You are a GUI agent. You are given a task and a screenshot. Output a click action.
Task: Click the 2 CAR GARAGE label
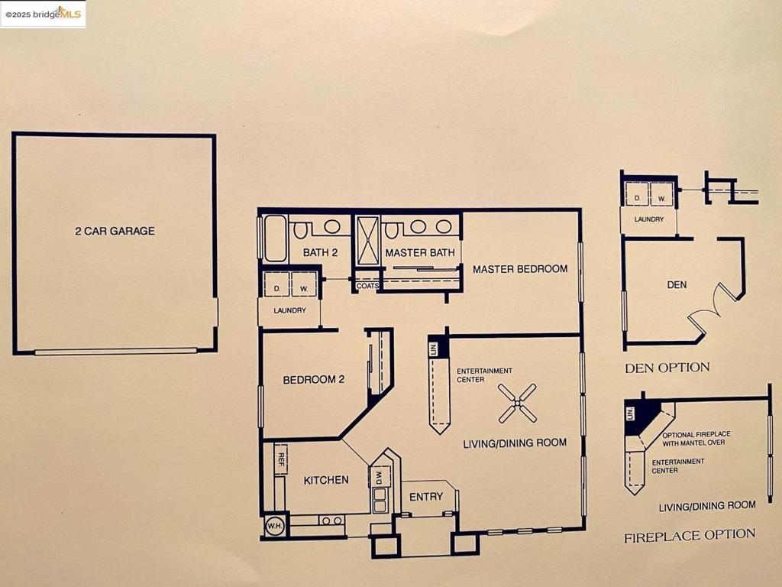point(115,231)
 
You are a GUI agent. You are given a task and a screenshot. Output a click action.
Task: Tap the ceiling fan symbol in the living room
point(517,403)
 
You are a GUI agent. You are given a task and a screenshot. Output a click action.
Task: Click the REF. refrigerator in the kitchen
point(280,459)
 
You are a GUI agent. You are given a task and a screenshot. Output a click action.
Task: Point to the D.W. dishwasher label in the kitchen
point(379,477)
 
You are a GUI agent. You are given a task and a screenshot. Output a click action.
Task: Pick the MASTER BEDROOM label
point(519,269)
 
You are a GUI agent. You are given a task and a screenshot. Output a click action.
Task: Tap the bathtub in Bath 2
point(275,237)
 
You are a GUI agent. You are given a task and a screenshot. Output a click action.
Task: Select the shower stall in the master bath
point(368,240)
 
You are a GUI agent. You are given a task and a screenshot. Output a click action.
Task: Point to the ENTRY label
point(425,497)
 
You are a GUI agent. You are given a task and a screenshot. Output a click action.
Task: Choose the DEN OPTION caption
point(667,368)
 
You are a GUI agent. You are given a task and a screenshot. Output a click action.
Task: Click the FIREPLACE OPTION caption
point(690,535)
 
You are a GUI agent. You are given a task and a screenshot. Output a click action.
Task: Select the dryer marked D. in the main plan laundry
point(276,284)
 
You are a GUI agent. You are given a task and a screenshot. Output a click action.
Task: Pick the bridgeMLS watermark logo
point(44,14)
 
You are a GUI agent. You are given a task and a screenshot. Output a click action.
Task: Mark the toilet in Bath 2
point(302,229)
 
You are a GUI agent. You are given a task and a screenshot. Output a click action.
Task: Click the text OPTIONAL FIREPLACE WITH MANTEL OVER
point(693,439)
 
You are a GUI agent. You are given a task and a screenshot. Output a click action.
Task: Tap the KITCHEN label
point(326,480)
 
